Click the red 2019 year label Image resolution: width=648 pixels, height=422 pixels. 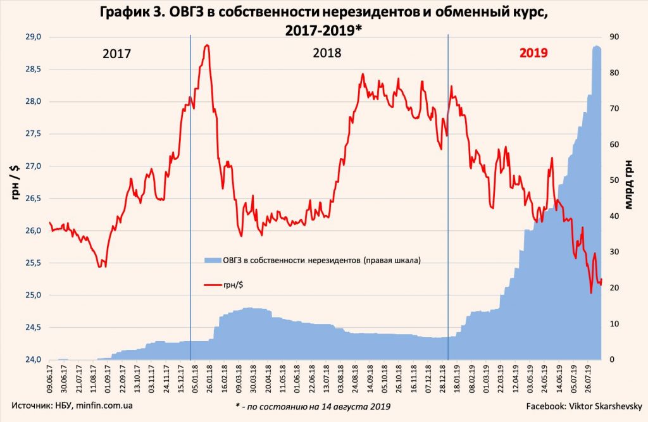[x=533, y=54]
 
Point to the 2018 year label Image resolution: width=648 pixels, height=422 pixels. [x=327, y=54]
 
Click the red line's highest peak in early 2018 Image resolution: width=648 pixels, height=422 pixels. [x=206, y=46]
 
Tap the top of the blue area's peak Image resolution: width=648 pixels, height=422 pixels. [x=596, y=47]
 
